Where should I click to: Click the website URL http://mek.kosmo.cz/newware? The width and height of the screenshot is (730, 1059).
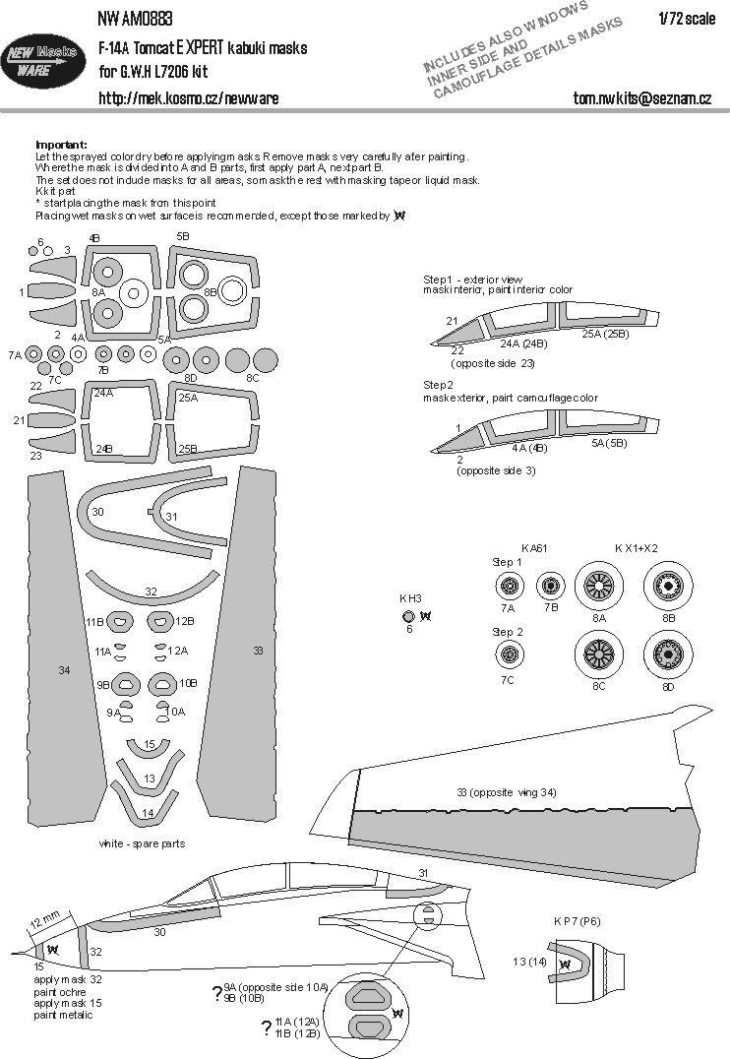pos(188,98)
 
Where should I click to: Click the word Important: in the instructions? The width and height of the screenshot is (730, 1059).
pos(61,144)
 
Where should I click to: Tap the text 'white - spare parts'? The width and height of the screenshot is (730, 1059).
pos(142,843)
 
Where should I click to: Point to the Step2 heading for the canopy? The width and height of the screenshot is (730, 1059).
pos(439,383)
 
